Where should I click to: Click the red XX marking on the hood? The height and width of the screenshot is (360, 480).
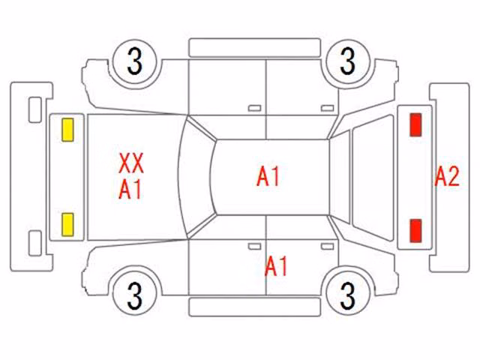coord(131,163)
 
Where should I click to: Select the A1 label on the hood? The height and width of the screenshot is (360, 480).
coord(130,190)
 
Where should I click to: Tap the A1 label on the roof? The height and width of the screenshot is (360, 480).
coord(268,177)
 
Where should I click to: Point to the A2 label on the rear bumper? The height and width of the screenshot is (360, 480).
coord(447,177)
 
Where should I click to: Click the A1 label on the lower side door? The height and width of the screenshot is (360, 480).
coord(276,266)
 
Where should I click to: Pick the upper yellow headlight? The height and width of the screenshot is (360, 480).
coord(67,130)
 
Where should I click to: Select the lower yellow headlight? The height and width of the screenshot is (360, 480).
coord(67,225)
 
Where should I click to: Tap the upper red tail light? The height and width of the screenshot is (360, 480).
coord(415,124)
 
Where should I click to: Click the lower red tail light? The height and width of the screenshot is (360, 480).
coord(415,231)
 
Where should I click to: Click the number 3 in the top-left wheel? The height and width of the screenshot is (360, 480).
coord(135,61)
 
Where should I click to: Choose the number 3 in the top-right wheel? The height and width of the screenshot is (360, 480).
coord(348,61)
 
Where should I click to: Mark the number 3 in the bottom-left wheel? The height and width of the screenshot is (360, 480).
coord(135,295)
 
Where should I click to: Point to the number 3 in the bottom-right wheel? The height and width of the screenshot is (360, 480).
coord(348,295)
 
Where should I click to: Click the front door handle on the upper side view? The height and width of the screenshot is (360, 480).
coord(254,108)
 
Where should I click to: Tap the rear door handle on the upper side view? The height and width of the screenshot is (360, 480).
coord(327,108)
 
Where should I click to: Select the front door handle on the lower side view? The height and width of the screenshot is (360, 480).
coord(254,247)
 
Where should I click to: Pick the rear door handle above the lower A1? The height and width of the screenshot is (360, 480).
coord(327,247)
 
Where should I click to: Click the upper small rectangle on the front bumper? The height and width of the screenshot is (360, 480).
coord(35,110)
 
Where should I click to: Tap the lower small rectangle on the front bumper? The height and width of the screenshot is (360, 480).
coord(35,243)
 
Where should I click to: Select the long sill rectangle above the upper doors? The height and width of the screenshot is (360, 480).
coord(255,48)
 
